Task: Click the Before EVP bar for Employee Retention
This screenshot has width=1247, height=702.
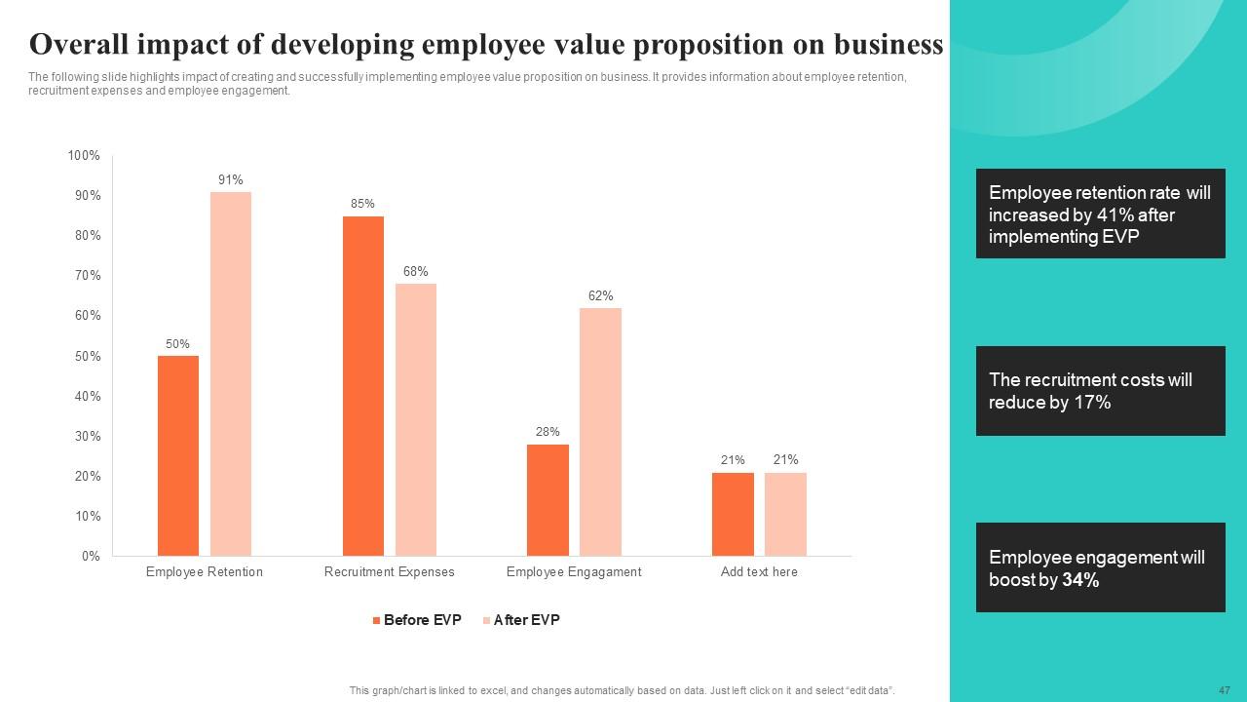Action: [x=178, y=455]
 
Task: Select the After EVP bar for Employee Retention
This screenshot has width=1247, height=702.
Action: [x=231, y=373]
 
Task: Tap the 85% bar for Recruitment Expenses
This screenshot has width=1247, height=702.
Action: [x=363, y=386]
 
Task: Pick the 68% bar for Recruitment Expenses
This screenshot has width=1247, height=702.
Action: [x=416, y=420]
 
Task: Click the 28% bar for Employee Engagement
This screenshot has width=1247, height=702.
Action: [x=548, y=500]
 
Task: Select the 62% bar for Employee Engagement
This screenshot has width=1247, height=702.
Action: [x=601, y=432]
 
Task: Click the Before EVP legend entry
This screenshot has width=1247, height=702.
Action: [x=417, y=620]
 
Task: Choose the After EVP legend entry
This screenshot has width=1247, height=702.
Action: [x=521, y=620]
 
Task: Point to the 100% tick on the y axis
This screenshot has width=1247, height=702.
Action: [x=84, y=155]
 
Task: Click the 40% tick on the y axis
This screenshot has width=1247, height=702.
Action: [x=88, y=396]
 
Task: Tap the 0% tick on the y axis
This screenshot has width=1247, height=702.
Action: [x=91, y=556]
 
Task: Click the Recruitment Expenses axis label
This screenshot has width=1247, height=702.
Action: [x=389, y=572]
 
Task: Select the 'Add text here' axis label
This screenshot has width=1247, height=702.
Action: [x=759, y=572]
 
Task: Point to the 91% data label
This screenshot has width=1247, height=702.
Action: [x=231, y=180]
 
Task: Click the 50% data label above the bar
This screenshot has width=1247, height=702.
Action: [x=177, y=344]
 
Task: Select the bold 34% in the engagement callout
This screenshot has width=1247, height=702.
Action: [x=1080, y=580]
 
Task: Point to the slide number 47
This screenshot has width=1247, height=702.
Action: [x=1225, y=690]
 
